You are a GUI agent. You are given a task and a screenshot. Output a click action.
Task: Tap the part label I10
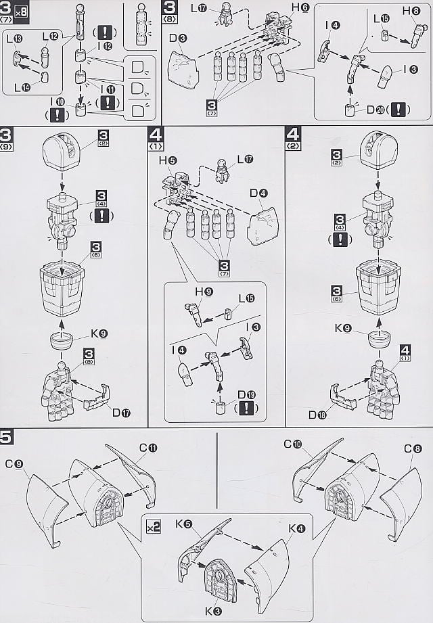coord(62,101)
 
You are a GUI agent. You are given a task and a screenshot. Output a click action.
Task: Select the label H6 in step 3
coord(300,7)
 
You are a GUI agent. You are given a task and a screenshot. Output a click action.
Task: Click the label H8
coord(411,11)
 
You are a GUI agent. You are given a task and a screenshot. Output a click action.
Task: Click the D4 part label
coord(258,194)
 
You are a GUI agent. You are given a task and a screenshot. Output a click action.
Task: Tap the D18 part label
coord(317,415)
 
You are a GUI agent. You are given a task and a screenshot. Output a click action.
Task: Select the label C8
coord(413,449)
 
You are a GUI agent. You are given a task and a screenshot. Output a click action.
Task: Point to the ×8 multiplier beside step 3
coord(24,9)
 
